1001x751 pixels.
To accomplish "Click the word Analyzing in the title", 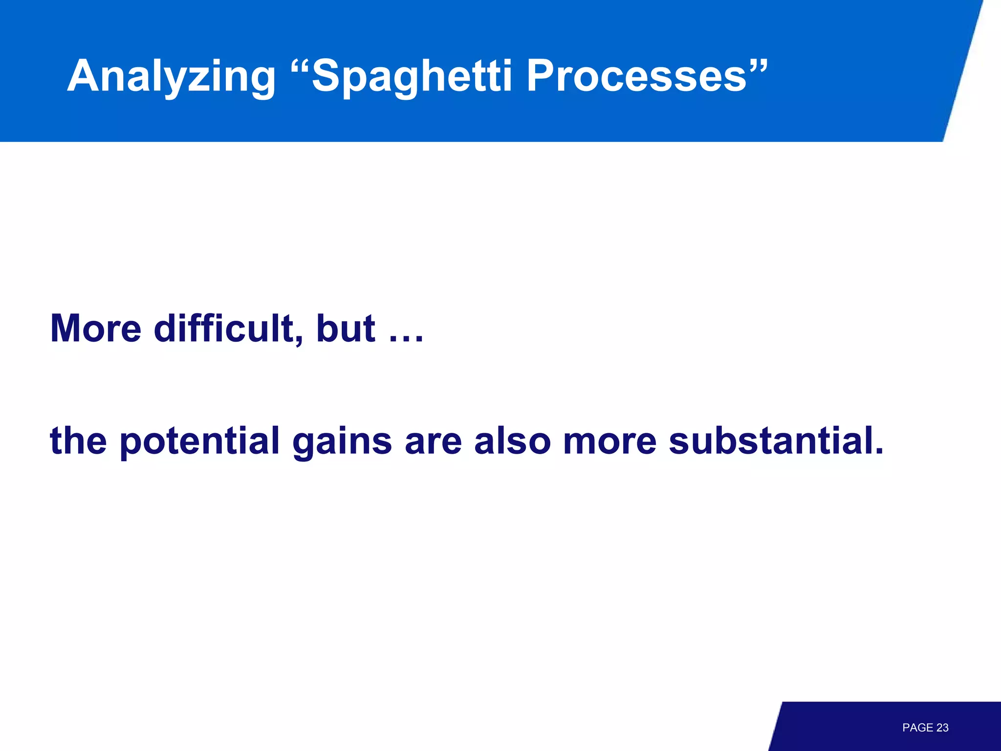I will click(x=172, y=76).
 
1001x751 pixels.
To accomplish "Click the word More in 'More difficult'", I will click(x=96, y=328).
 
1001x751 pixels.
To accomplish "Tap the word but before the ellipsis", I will click(x=346, y=328).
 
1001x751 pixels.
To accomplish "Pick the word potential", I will click(x=199, y=441).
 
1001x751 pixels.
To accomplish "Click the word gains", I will click(x=342, y=441).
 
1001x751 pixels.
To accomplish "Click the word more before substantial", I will click(x=609, y=441).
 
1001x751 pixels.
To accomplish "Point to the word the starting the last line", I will click(x=78, y=441).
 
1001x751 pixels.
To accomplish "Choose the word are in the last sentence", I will click(x=433, y=441).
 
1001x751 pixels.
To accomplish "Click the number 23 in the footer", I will click(x=942, y=728).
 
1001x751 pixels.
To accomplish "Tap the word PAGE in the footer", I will click(x=917, y=728).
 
